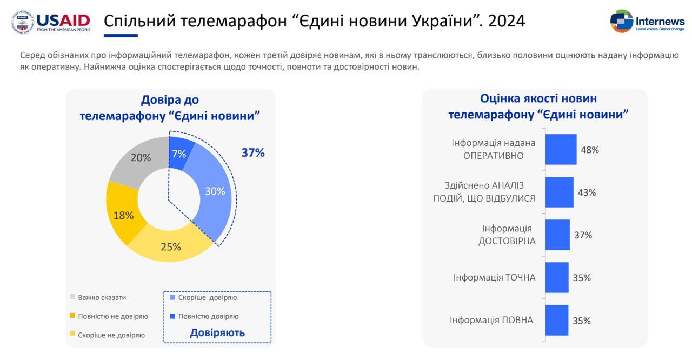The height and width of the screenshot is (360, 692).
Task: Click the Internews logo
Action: point(647,22)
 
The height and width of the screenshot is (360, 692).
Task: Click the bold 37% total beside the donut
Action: point(252,153)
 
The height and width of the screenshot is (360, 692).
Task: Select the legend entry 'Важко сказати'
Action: point(102,297)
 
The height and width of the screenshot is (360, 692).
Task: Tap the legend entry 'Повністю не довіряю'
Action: point(112,316)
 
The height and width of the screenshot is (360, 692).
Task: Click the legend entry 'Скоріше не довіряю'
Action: point(111,335)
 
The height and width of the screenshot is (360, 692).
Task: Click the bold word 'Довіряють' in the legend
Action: point(217,333)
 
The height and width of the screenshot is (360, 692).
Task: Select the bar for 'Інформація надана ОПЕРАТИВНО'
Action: point(561,149)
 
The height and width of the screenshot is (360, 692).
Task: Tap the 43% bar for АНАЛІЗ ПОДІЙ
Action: point(559,192)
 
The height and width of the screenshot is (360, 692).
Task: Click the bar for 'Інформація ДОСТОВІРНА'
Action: point(557,235)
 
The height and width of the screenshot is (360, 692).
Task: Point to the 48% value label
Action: point(590,150)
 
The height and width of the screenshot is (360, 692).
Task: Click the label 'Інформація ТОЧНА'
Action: point(494,278)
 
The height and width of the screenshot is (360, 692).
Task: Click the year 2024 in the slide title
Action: point(505,21)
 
